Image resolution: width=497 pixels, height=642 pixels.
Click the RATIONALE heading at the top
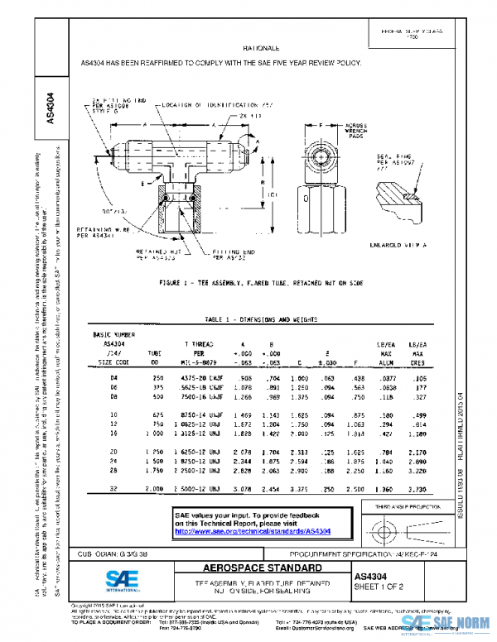coord(263,50)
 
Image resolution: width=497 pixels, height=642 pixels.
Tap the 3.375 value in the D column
coord(299,490)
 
